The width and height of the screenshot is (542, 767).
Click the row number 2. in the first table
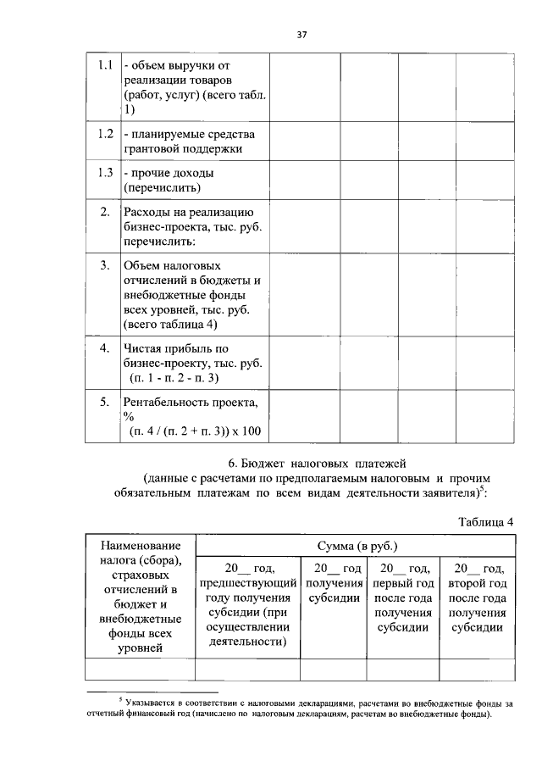pyautogui.click(x=105, y=211)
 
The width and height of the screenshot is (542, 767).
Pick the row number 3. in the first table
pyautogui.click(x=105, y=265)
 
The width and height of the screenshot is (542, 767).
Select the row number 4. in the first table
pyautogui.click(x=105, y=347)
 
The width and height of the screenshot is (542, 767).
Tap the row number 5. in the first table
pyautogui.click(x=105, y=402)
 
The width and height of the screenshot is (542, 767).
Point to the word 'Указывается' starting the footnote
pyautogui.click(x=152, y=703)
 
